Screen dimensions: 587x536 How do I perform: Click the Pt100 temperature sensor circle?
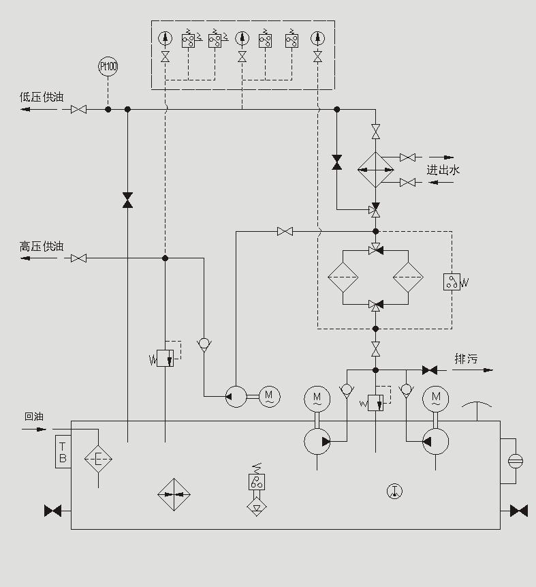pyautogui.click(x=108, y=67)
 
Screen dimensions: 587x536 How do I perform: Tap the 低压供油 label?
pyautogui.click(x=42, y=97)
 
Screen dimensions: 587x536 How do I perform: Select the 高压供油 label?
pyautogui.click(x=42, y=247)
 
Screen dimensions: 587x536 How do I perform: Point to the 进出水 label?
pyautogui.click(x=443, y=170)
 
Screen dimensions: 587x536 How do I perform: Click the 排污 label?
pyautogui.click(x=467, y=359)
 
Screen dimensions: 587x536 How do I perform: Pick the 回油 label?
pyautogui.click(x=33, y=417)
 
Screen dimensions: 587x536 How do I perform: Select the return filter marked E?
pyautogui.click(x=98, y=460)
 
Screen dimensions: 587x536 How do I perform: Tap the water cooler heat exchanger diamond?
pyautogui.click(x=376, y=170)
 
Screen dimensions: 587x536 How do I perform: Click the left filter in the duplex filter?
pyautogui.click(x=343, y=278)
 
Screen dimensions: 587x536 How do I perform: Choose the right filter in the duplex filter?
pyautogui.click(x=408, y=278)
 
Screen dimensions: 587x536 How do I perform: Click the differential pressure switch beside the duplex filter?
pyautogui.click(x=452, y=282)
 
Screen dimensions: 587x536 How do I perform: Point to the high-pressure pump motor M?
pyautogui.click(x=268, y=395)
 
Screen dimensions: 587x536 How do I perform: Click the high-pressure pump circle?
pyautogui.click(x=236, y=396)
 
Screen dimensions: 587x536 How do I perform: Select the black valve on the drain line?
pyautogui.click(x=429, y=370)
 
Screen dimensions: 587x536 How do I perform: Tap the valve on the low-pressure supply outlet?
pyautogui.click(x=79, y=109)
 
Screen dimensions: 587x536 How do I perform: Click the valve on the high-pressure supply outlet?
pyautogui.click(x=79, y=258)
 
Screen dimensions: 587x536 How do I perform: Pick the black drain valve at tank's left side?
pyautogui.click(x=53, y=510)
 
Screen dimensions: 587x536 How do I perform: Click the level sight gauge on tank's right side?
pyautogui.click(x=516, y=461)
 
